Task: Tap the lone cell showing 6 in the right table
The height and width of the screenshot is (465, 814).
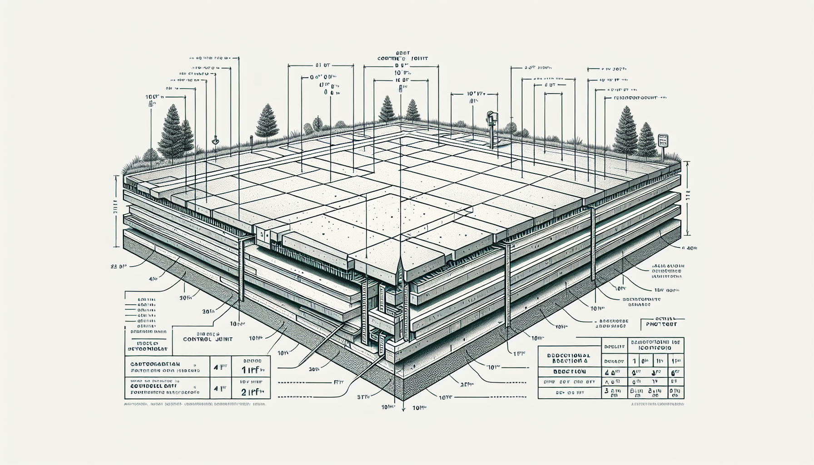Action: click(x=675, y=372)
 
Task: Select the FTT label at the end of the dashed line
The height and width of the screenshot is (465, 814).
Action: click(x=338, y=382)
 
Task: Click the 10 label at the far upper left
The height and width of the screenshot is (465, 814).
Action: click(x=153, y=97)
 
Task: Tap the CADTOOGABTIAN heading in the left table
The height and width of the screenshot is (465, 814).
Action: click(x=155, y=364)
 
